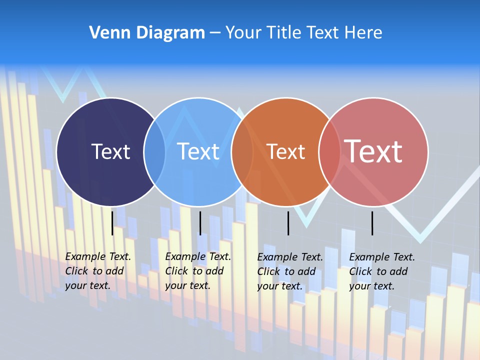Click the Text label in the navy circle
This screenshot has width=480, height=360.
click(x=110, y=151)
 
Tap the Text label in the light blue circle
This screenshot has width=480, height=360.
click(x=198, y=151)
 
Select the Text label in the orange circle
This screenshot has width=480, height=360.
click(x=285, y=152)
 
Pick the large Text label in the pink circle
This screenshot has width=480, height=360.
click(x=373, y=151)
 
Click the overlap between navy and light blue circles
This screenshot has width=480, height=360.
click(x=154, y=151)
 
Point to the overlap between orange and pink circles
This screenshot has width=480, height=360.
click(x=329, y=151)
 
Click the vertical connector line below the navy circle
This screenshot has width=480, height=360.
click(x=112, y=223)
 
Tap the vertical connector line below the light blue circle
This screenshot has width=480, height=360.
click(x=200, y=223)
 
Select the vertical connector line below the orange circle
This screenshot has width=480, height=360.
click(x=288, y=223)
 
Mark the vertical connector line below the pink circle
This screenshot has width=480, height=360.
click(x=372, y=223)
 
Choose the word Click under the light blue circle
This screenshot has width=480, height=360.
click(x=176, y=271)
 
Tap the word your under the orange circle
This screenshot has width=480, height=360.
click(x=267, y=286)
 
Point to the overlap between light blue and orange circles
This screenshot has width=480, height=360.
click(x=242, y=151)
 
